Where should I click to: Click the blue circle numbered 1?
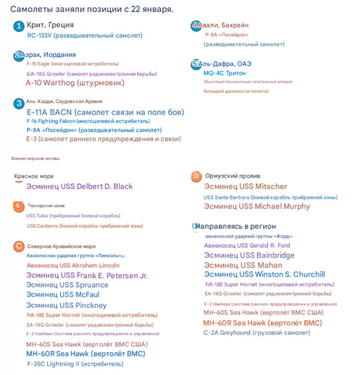point(19,26)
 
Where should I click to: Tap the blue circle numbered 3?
point(19,103)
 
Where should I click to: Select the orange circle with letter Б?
point(19,206)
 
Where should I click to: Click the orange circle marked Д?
point(196,176)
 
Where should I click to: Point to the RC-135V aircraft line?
point(85,36)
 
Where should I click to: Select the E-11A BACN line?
point(105,112)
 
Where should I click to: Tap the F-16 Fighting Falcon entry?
point(88,121)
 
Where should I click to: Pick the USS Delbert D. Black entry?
point(79,186)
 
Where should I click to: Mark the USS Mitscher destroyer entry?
point(245,186)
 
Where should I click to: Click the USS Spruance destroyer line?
point(67,285)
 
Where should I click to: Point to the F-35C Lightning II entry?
point(75,363)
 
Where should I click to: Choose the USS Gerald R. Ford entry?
point(247,245)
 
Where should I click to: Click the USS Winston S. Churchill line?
point(264,274)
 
